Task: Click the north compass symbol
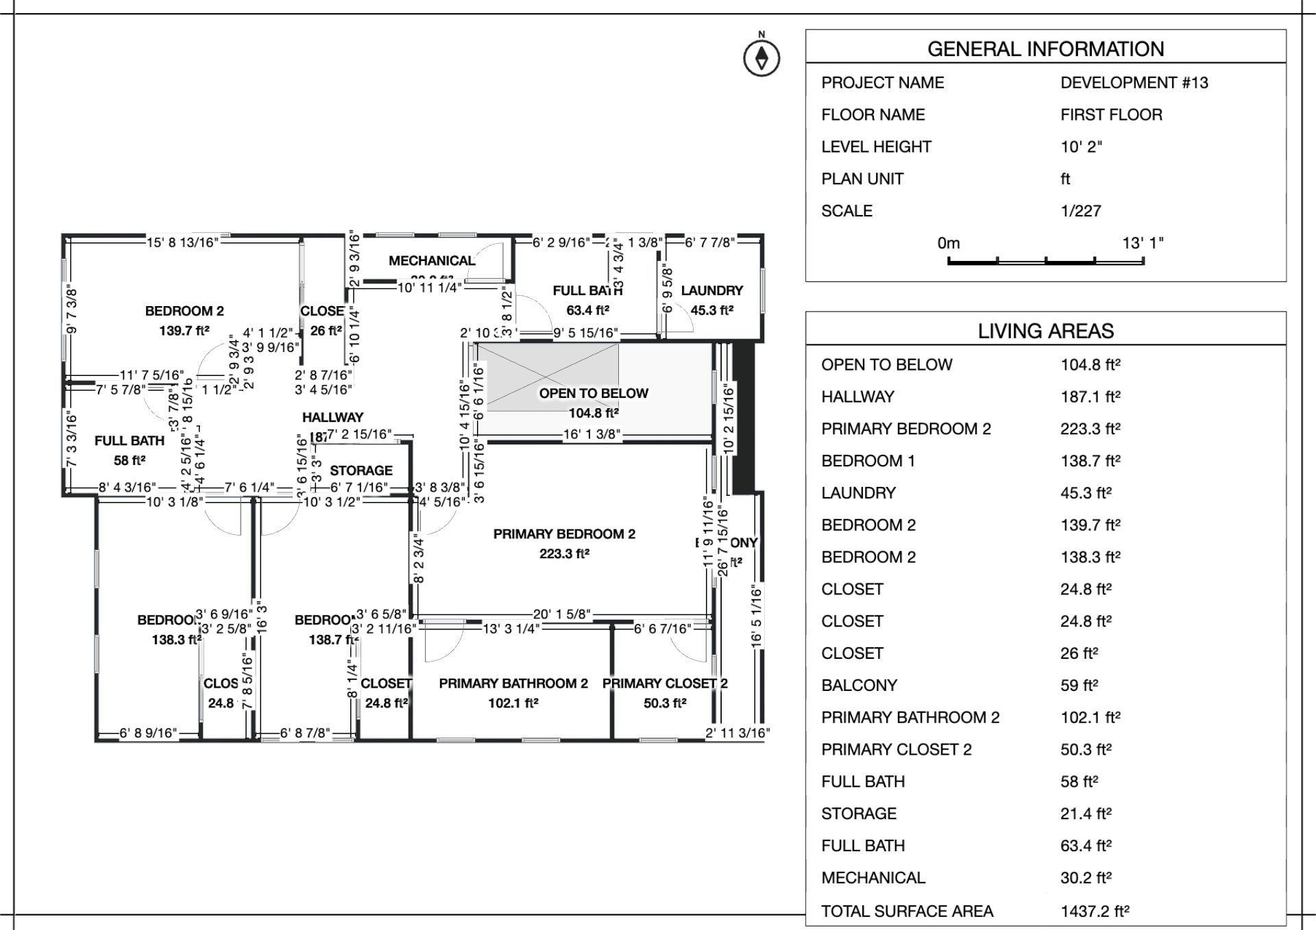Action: coord(761,58)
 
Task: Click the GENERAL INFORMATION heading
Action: coord(1045,49)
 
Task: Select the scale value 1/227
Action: coord(1080,211)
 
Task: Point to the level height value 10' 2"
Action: coord(1081,147)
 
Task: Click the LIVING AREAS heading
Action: coord(1045,331)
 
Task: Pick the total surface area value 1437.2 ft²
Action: coord(1095,911)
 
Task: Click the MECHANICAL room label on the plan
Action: coord(432,261)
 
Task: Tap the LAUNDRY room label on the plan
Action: coord(711,290)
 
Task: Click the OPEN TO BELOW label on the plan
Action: coord(594,393)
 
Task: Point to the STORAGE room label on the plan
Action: coord(361,470)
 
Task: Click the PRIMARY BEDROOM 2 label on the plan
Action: coord(564,533)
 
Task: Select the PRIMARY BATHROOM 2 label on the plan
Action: coord(513,683)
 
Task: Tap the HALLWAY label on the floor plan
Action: coord(332,417)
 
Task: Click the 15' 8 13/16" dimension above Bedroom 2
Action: coord(182,242)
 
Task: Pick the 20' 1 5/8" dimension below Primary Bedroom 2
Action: coord(561,614)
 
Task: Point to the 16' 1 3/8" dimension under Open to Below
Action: coord(592,434)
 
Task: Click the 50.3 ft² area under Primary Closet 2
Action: coord(665,703)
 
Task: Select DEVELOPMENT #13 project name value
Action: coord(1134,83)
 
